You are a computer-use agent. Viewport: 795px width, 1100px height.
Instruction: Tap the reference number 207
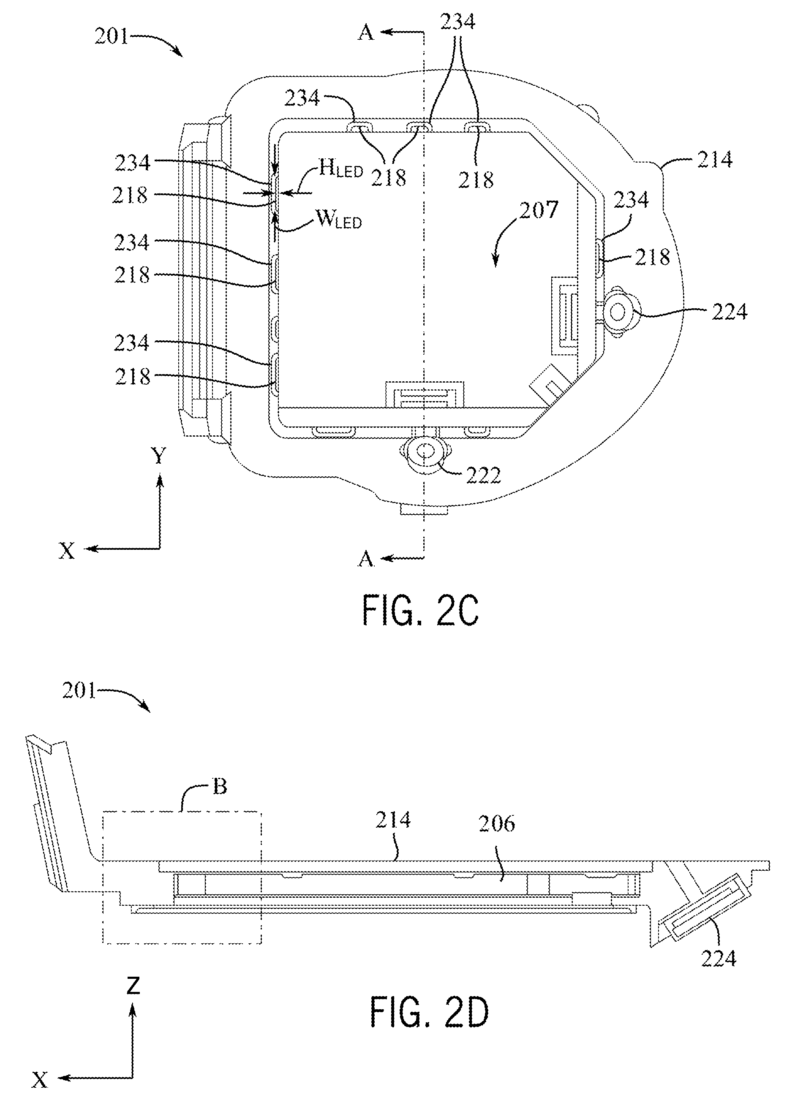[539, 210]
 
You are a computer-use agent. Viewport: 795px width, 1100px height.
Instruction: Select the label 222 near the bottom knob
[483, 476]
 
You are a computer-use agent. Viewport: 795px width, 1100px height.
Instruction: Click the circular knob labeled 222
[425, 451]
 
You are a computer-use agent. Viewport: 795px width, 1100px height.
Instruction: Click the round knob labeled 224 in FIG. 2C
[618, 312]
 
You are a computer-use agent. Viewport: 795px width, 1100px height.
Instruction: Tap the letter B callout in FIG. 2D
[220, 786]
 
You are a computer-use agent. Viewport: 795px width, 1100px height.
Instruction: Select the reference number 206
[497, 823]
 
